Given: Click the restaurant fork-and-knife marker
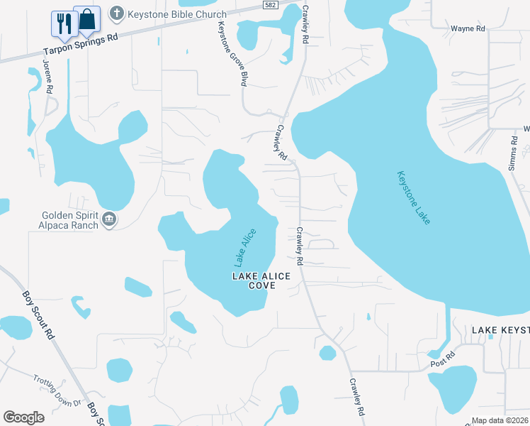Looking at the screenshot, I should (64, 23).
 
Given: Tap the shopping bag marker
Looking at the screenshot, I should (87, 20).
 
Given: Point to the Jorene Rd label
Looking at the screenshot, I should (48, 77).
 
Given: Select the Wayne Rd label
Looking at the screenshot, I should (468, 29).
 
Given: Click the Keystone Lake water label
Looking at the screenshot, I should (413, 198).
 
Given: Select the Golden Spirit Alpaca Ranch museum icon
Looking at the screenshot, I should (108, 219).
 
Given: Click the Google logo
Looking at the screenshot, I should (24, 417).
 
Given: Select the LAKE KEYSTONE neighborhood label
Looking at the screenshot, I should (501, 330).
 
